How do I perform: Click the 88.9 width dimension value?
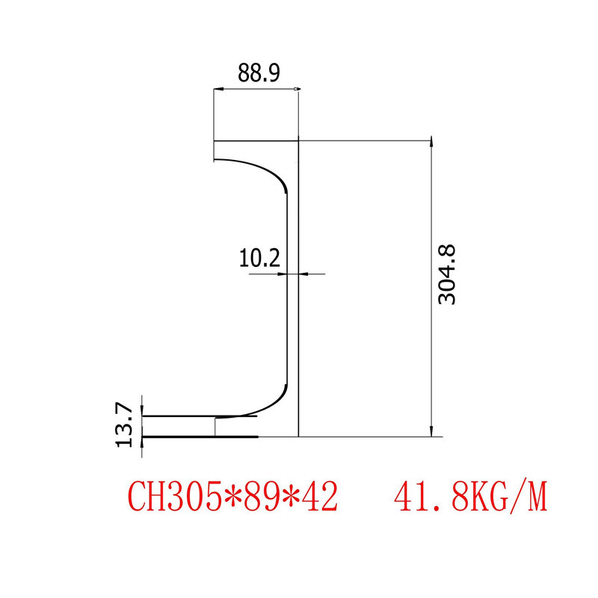click(x=259, y=73)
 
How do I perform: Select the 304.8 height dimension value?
click(x=447, y=274)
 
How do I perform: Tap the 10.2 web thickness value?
click(x=259, y=259)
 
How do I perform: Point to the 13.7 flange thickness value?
click(x=124, y=425)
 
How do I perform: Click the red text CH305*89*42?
click(x=233, y=496)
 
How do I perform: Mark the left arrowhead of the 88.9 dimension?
click(x=218, y=90)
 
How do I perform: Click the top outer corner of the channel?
click(x=298, y=141)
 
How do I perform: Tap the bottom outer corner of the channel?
click(x=298, y=436)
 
